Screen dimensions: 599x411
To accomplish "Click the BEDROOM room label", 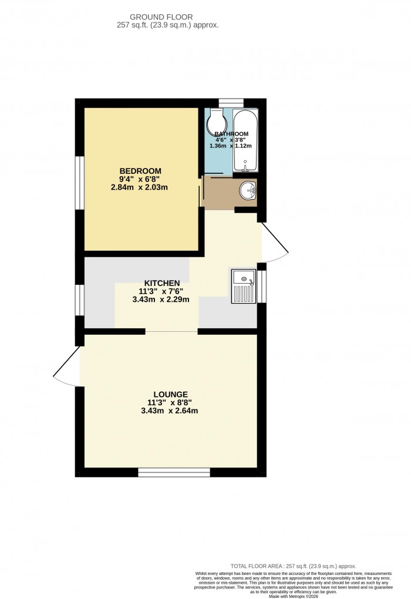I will [140, 171].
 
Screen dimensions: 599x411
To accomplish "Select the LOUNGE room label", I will [170, 394].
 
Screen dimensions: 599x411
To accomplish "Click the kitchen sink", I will [243, 286].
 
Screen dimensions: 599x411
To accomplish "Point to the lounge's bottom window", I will [174, 472].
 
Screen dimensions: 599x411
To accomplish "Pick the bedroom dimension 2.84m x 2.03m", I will [140, 187].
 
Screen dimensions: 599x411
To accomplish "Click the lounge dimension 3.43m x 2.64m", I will [170, 410].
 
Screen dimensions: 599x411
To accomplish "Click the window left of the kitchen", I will [78, 301].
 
